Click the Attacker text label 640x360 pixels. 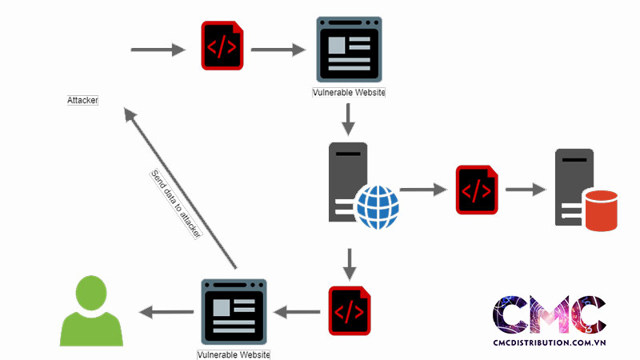pos(82,101)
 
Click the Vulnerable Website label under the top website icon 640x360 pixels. pos(349,93)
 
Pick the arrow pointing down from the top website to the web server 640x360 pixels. pos(348,120)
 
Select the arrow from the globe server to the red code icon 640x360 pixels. pos(422,190)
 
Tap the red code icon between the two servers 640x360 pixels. pos(477,190)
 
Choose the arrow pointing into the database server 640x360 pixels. pos(525,190)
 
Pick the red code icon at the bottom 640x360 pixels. pos(350,310)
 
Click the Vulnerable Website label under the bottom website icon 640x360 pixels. pos(234,354)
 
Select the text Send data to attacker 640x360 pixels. pos(175,203)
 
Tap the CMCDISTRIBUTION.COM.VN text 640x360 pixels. pos(549,342)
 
